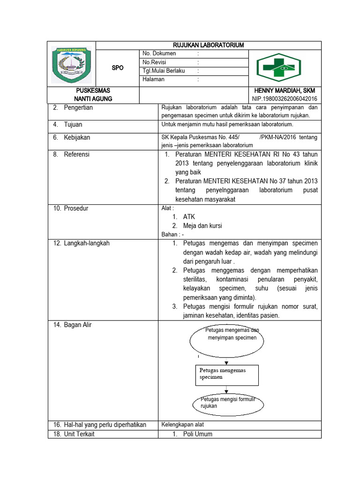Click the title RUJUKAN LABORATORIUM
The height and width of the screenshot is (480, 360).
[209, 45]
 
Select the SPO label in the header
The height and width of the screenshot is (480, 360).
[118, 68]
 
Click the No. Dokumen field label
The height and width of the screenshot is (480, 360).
[159, 53]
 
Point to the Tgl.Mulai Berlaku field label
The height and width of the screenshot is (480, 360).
[164, 71]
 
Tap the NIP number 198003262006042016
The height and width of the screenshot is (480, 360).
[285, 98]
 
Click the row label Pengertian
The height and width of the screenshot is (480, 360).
[78, 108]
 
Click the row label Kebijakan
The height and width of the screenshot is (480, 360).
[77, 138]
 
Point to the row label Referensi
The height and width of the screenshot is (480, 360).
[76, 154]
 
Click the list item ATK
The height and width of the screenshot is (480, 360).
[189, 217]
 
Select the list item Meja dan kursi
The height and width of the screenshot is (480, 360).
[202, 225]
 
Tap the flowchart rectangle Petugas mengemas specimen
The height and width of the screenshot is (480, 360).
[227, 374]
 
